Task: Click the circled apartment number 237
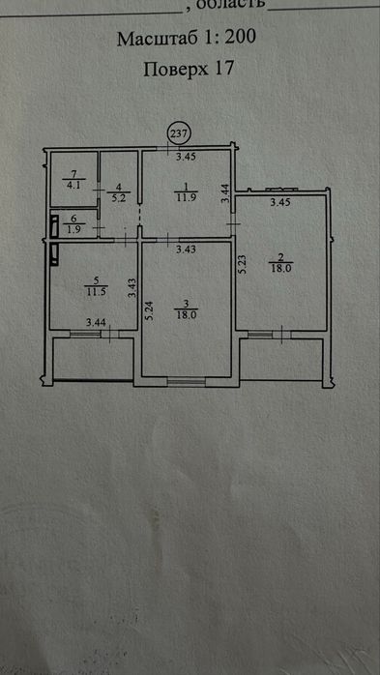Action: point(179,133)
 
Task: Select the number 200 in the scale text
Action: point(240,38)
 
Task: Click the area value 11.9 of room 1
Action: point(186,198)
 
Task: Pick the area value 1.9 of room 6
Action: point(73,229)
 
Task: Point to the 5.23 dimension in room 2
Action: point(243,263)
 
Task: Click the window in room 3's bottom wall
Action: point(187,381)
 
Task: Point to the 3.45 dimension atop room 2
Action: point(279,202)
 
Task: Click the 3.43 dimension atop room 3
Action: point(187,249)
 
